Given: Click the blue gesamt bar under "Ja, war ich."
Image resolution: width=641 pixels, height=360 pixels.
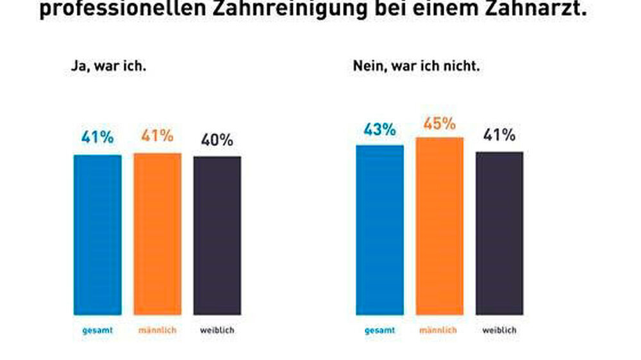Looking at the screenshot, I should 97,234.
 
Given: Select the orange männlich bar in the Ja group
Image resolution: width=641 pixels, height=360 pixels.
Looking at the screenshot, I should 158,234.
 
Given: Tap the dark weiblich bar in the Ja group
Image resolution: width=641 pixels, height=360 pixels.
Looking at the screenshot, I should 217,235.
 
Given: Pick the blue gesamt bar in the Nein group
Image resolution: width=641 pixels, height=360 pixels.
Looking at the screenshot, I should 380,230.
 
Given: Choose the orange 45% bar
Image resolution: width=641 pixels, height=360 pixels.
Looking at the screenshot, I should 440,225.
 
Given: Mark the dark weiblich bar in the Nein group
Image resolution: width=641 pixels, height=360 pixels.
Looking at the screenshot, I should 499,233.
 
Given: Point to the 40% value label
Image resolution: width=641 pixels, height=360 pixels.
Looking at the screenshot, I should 217,140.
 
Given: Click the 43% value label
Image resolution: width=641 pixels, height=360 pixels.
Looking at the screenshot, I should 380,129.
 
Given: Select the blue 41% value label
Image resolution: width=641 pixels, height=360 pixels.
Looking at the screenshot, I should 97,137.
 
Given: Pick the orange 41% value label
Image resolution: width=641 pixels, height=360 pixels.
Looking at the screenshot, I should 158,136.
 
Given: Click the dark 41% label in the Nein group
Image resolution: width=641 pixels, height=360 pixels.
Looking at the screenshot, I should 499,136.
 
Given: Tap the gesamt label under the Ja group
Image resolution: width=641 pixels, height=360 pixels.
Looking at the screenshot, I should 97,331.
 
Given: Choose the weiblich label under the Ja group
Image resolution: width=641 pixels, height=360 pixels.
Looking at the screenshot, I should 217,331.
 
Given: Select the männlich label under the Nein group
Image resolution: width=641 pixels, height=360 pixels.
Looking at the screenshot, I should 438,331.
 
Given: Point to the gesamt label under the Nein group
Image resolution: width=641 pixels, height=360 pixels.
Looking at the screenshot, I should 379,331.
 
